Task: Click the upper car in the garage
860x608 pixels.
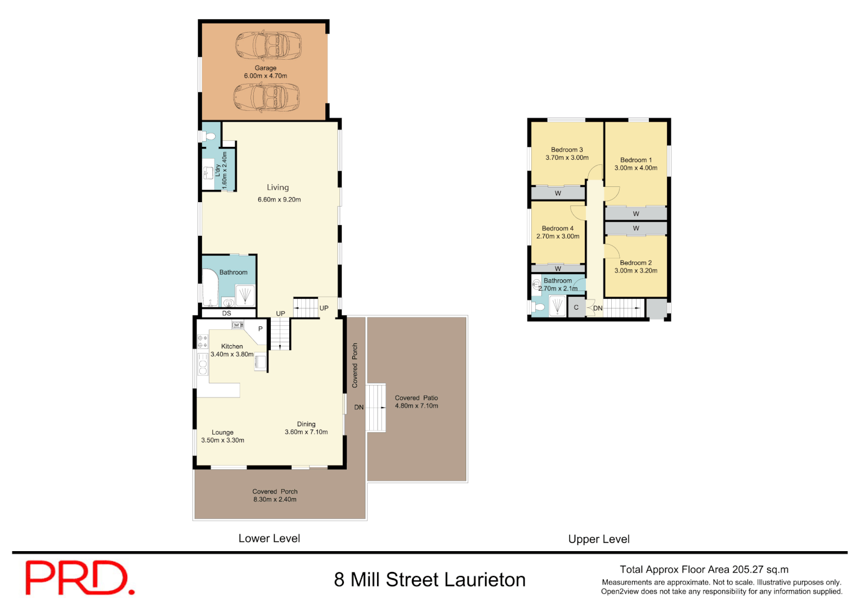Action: [268, 45]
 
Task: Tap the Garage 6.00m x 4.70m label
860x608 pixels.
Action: [266, 72]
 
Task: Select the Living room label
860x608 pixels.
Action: [278, 187]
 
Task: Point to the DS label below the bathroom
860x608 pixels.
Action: [226, 314]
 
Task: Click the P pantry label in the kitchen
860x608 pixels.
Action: [260, 329]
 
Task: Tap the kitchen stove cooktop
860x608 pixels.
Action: [203, 341]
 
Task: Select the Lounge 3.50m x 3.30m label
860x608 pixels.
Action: [223, 436]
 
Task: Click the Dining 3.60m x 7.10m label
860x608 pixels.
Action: [306, 428]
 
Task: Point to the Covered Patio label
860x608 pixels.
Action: [416, 401]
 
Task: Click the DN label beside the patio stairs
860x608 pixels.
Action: [359, 407]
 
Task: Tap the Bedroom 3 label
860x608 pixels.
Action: [567, 150]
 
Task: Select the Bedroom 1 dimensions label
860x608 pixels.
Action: [636, 168]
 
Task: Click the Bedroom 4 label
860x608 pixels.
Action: [558, 229]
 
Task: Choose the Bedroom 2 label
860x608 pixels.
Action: [636, 263]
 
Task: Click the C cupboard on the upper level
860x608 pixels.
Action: [576, 307]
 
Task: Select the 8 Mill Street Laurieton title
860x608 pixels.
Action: [430, 580]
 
